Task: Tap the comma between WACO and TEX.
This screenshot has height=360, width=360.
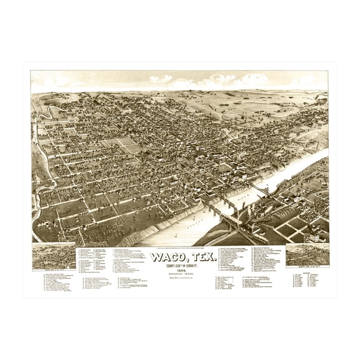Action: click(x=181, y=261)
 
